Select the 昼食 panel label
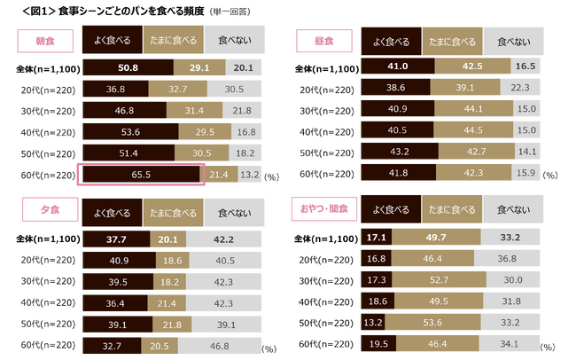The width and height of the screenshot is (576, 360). coord(324,41)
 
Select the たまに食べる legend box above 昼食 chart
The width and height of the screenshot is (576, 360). coord(452,41)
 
